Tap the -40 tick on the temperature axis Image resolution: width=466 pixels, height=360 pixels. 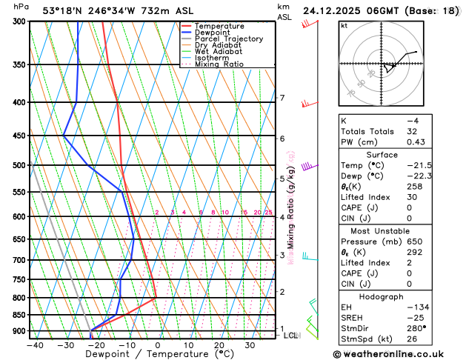(x=34, y=344)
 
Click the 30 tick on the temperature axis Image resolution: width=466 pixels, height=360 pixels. (x=250, y=344)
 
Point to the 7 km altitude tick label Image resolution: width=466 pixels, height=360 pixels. (x=282, y=99)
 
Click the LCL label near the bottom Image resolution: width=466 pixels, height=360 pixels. (x=291, y=336)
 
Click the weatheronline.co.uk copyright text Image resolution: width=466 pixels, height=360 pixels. (x=399, y=354)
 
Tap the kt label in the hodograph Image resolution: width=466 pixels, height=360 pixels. (x=344, y=26)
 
